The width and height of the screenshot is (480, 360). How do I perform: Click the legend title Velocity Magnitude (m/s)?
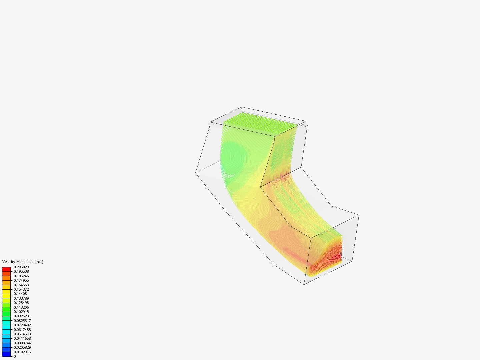pos(23,262)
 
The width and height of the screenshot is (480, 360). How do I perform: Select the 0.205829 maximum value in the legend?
pos(21,267)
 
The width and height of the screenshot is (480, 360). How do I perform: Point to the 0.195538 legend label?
pos(21,271)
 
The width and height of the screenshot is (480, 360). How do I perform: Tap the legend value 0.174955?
pos(21,280)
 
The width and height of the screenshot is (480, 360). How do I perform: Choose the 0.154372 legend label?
pos(21,289)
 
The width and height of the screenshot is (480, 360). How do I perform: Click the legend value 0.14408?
pos(20,294)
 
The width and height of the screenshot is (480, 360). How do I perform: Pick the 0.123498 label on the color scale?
pos(21,303)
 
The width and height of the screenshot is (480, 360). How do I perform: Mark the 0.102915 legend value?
pos(21,312)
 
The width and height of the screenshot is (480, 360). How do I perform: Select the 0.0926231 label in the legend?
pos(22,316)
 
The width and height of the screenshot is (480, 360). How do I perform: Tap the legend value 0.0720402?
pos(22,325)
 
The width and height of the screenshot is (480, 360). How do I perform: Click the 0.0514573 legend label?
pos(22,334)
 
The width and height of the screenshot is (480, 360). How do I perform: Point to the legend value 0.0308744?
pos(22,343)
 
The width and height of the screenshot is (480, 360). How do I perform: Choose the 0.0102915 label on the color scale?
pos(22,352)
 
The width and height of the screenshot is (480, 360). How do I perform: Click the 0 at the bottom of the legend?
pos(15,356)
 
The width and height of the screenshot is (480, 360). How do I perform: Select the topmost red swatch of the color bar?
pos(6,269)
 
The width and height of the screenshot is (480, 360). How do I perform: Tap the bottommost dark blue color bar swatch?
pos(6,354)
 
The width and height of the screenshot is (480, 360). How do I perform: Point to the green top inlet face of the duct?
pos(260,121)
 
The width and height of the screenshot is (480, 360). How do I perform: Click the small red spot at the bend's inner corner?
pos(283,177)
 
